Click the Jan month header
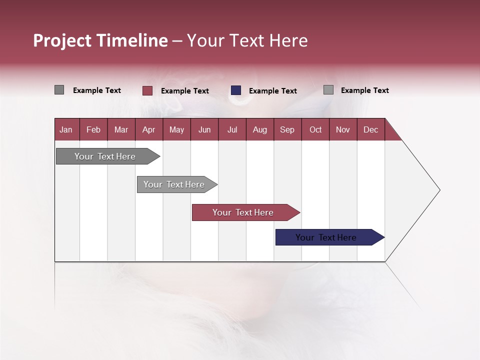[x=66, y=129]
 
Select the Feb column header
[x=93, y=129]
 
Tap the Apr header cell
[x=148, y=129]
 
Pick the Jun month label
[x=204, y=129]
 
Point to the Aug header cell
[x=259, y=129]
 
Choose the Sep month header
[x=287, y=129]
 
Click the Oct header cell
[x=315, y=129]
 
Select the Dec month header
[x=370, y=129]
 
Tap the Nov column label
[x=343, y=129]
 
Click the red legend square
[x=147, y=90]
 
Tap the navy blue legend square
[x=236, y=90]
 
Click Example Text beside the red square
[x=185, y=91]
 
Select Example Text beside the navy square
[x=273, y=91]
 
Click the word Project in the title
[x=62, y=40]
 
